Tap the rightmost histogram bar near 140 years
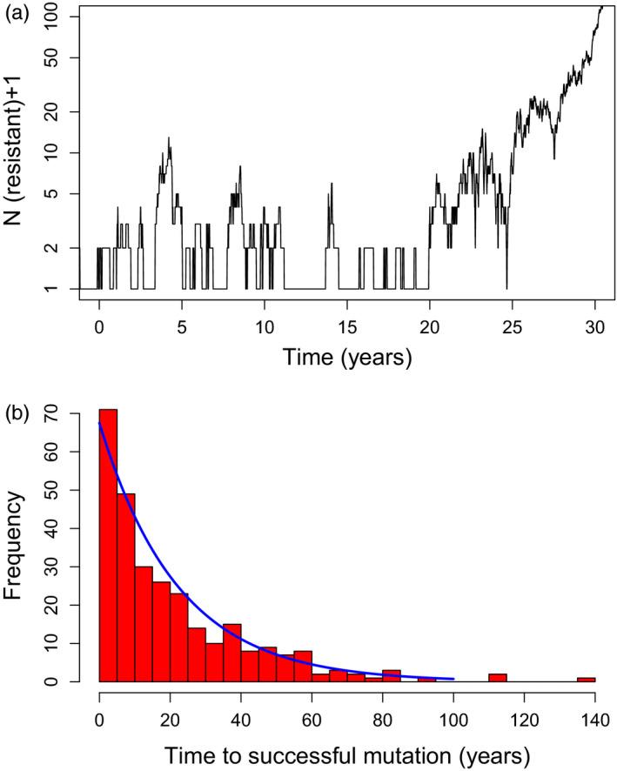click(586, 679)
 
